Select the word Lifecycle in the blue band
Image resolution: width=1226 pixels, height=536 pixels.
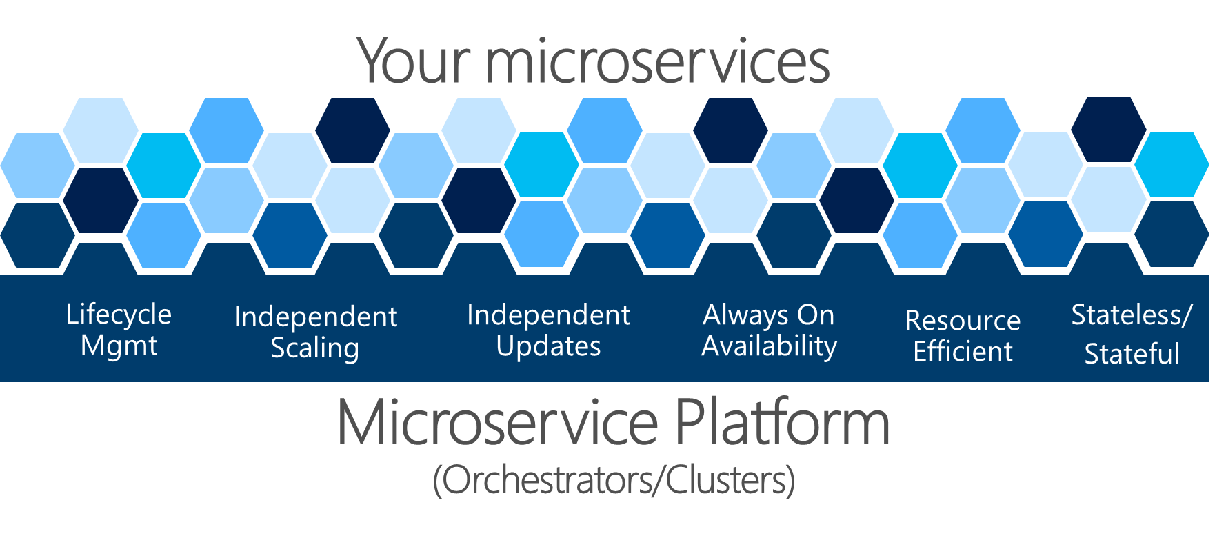[x=119, y=315]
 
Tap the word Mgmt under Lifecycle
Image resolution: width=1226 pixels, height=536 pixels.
[x=119, y=346]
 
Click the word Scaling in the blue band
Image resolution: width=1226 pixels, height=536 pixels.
[x=314, y=348]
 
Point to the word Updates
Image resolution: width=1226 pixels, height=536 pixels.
[x=548, y=346]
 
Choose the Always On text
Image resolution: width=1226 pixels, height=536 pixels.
[x=768, y=315]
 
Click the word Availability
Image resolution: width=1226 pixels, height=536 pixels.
[x=769, y=346]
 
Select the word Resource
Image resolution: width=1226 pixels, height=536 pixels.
[x=962, y=320]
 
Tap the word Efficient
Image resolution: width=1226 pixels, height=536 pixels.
[x=963, y=351]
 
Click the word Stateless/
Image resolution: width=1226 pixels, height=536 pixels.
[x=1131, y=315]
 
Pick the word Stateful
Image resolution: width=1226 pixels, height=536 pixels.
[x=1132, y=354]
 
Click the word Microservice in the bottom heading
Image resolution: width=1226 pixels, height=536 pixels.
[x=497, y=423]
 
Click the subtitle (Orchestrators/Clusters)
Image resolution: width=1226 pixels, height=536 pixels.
[x=613, y=480]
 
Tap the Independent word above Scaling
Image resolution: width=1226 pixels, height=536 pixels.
[x=315, y=317]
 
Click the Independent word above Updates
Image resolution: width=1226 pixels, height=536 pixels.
[x=548, y=315]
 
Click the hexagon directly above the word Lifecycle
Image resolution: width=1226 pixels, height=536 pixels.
[x=163, y=235]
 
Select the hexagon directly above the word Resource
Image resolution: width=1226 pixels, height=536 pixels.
[x=921, y=235]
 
